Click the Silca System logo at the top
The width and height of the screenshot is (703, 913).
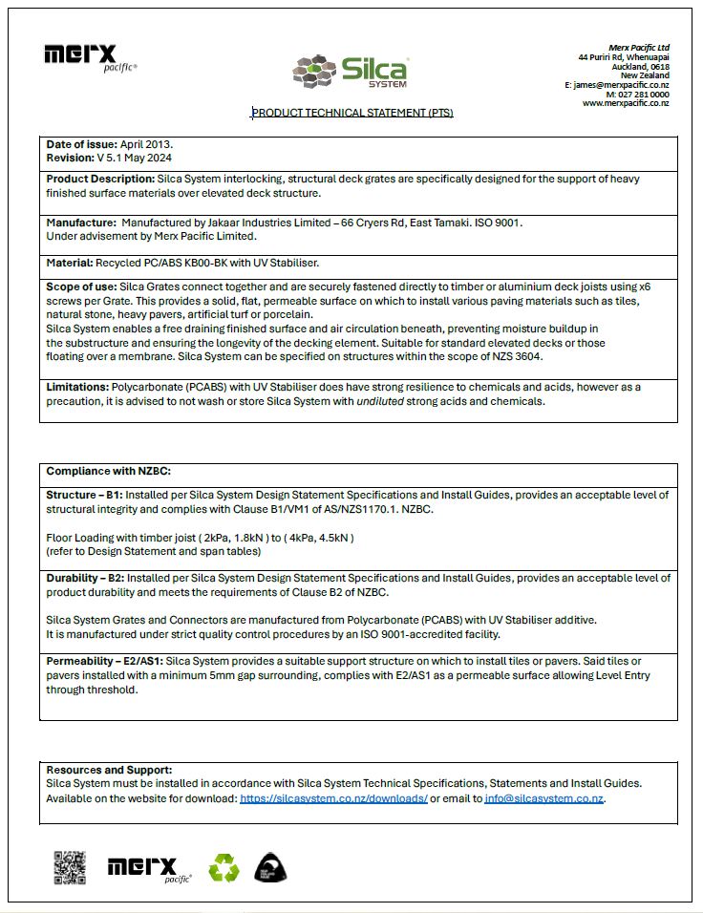[351, 70]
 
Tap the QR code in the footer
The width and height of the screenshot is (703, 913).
[69, 867]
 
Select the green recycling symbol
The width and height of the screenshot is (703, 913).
[225, 867]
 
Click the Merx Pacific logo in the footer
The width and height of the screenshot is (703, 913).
[149, 867]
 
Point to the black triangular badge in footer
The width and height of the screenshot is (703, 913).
[270, 867]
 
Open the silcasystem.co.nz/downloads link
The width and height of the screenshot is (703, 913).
[333, 798]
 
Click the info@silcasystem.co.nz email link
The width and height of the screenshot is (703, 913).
[543, 798]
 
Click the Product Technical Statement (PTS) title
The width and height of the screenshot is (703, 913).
[352, 113]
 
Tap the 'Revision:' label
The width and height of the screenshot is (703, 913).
[70, 157]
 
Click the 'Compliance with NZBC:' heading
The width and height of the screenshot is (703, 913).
[108, 471]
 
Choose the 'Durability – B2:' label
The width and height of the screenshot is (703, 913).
[85, 579]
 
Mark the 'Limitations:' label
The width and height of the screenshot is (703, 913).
[77, 387]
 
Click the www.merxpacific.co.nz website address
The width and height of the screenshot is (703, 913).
[626, 103]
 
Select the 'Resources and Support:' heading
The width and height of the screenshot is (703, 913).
[109, 770]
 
